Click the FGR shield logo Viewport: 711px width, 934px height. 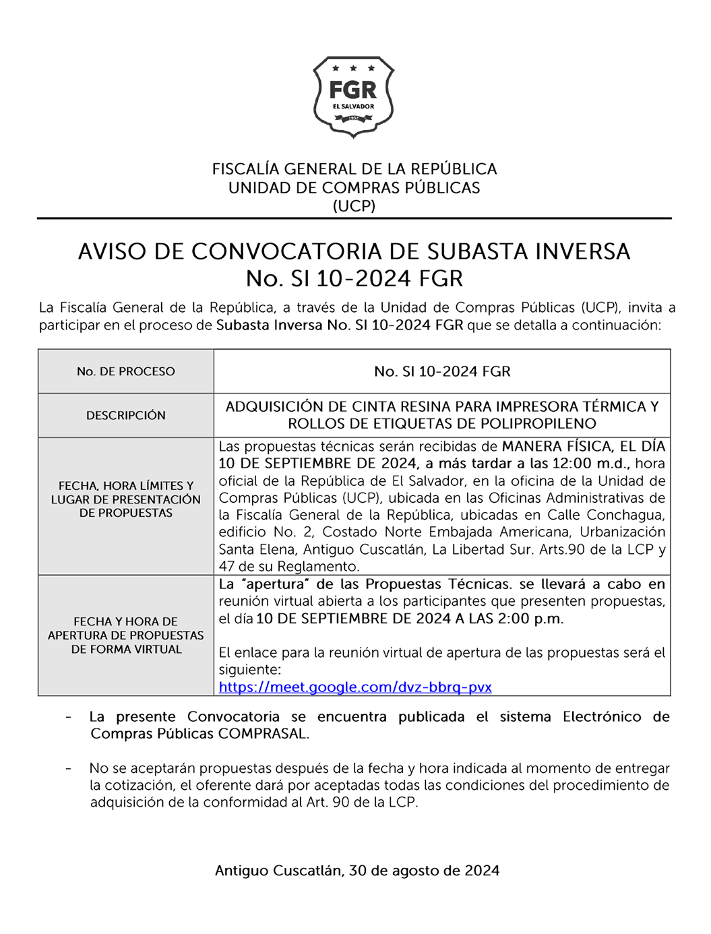[353, 97]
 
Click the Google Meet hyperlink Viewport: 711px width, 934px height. [355, 687]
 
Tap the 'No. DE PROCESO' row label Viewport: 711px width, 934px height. [126, 371]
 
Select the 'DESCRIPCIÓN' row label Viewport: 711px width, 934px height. [126, 415]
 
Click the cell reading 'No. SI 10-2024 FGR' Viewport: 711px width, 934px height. [442, 371]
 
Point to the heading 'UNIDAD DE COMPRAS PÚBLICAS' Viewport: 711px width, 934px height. [354, 188]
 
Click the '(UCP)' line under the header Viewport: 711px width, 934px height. [354, 206]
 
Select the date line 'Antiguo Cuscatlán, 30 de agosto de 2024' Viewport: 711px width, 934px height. [357, 871]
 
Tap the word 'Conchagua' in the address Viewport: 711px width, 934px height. [625, 516]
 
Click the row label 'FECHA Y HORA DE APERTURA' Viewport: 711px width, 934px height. [126, 635]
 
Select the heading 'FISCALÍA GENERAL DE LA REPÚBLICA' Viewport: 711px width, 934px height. [354, 169]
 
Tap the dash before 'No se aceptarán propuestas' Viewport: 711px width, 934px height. [69, 768]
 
